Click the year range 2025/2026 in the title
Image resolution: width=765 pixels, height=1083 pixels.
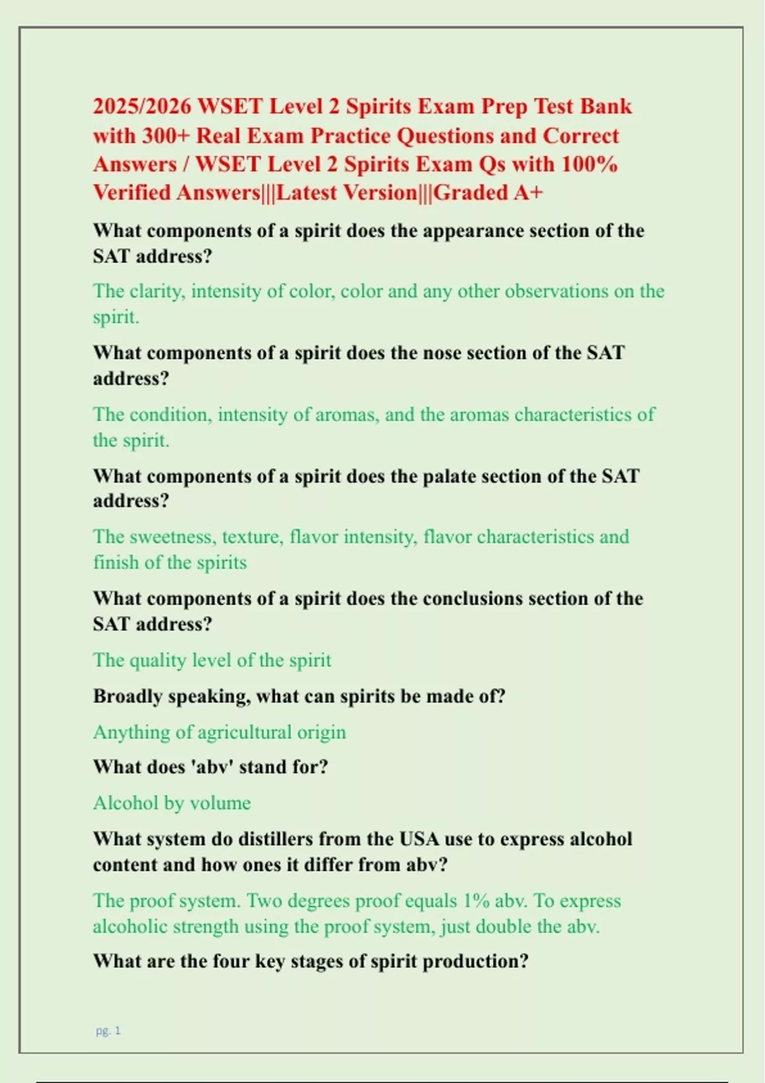tap(142, 106)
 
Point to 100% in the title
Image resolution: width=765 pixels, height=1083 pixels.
tap(590, 164)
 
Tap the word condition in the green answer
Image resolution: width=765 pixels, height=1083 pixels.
tap(170, 415)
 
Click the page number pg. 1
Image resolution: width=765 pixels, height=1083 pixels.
tap(108, 1031)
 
